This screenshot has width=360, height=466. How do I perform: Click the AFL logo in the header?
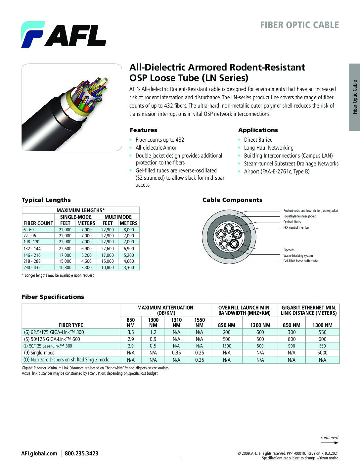tap(64, 34)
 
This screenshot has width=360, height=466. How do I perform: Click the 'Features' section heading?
tap(143, 130)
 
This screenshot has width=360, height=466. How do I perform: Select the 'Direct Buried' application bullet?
tap(258, 140)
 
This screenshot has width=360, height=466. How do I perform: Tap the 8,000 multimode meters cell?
tap(128, 230)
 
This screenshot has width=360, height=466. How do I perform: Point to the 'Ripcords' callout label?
tap(289, 250)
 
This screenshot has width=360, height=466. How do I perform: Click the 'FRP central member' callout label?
tap(296, 228)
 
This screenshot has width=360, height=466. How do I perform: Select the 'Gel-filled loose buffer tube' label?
tap(300, 261)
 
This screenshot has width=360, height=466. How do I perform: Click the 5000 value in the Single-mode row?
tap(322, 353)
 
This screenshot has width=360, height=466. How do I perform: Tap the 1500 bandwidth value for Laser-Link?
tap(227, 346)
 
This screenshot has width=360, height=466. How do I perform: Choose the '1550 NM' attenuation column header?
tap(200, 322)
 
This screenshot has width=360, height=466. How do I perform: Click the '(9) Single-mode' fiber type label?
tap(39, 353)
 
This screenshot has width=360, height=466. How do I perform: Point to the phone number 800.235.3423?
tap(81, 453)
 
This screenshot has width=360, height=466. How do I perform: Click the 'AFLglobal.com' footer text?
tap(39, 453)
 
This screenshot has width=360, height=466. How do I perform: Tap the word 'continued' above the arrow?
tap(329, 438)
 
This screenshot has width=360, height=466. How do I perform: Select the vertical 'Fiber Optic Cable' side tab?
tap(355, 97)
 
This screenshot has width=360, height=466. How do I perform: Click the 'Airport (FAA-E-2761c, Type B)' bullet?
tap(277, 171)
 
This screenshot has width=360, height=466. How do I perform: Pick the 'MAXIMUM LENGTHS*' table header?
tap(81, 210)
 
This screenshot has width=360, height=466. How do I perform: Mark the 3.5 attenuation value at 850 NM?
tap(131, 332)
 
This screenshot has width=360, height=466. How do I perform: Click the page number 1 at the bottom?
tap(180, 457)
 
